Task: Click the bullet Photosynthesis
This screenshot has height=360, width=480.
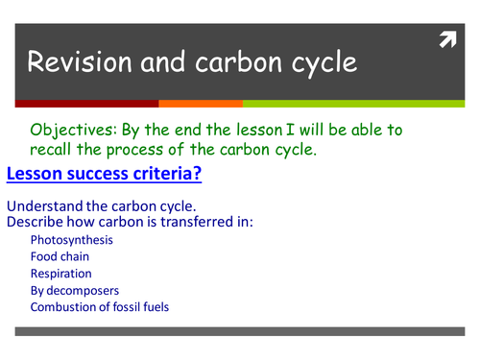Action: (71, 239)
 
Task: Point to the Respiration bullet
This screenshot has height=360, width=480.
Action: (60, 274)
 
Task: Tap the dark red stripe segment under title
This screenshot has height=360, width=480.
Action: (86, 103)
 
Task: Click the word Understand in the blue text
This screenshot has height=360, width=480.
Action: (45, 206)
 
